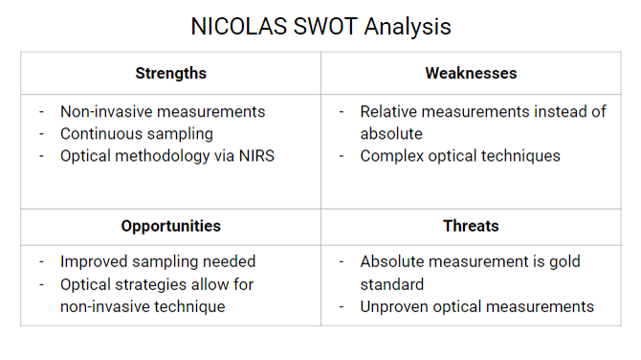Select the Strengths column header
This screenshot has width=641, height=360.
(170, 73)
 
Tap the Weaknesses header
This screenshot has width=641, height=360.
(471, 73)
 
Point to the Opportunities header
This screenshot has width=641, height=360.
(170, 226)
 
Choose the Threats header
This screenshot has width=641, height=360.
(471, 226)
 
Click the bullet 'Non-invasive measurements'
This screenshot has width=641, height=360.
(163, 112)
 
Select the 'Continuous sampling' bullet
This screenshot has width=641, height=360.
(137, 134)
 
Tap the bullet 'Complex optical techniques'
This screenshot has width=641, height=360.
(460, 156)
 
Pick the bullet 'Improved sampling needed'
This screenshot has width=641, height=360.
(158, 261)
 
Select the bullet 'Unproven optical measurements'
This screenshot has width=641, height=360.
(476, 306)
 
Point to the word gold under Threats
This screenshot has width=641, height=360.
(563, 261)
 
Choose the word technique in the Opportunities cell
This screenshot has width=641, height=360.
(191, 306)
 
